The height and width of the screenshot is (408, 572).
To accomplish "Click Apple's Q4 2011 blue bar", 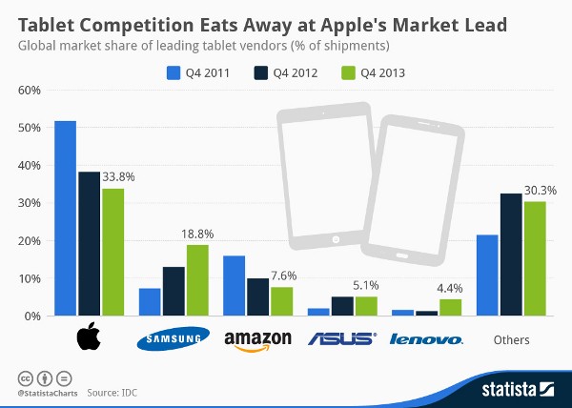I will coord(66,218).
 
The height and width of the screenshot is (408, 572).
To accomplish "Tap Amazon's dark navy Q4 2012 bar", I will coord(257,296).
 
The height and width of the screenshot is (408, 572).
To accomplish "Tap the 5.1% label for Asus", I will coord(368,284).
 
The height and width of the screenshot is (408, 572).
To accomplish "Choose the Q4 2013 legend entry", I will coord(367,71).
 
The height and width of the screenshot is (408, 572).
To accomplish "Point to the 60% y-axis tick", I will coord(27,91).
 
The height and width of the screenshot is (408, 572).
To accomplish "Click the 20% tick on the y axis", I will coord(27,240).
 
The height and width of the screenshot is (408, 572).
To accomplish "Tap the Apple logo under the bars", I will coord(89,337).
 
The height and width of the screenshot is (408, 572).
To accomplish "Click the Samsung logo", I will coord(174,339).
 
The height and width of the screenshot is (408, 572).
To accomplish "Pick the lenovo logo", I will coord(427,339).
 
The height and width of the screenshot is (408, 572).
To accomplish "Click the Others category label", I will coord(511,339).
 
